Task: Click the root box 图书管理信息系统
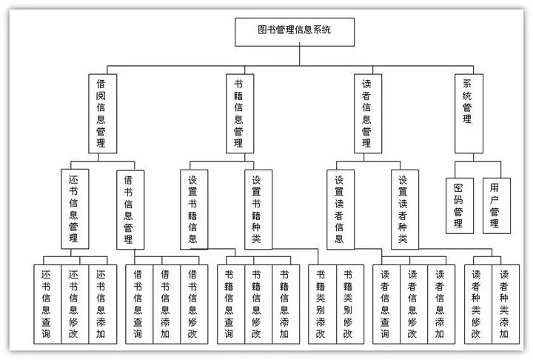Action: [295, 30]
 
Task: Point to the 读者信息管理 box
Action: [366, 113]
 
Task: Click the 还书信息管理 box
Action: [73, 210]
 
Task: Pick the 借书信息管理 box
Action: [129, 210]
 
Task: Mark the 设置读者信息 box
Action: [340, 210]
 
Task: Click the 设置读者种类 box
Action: [403, 210]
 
